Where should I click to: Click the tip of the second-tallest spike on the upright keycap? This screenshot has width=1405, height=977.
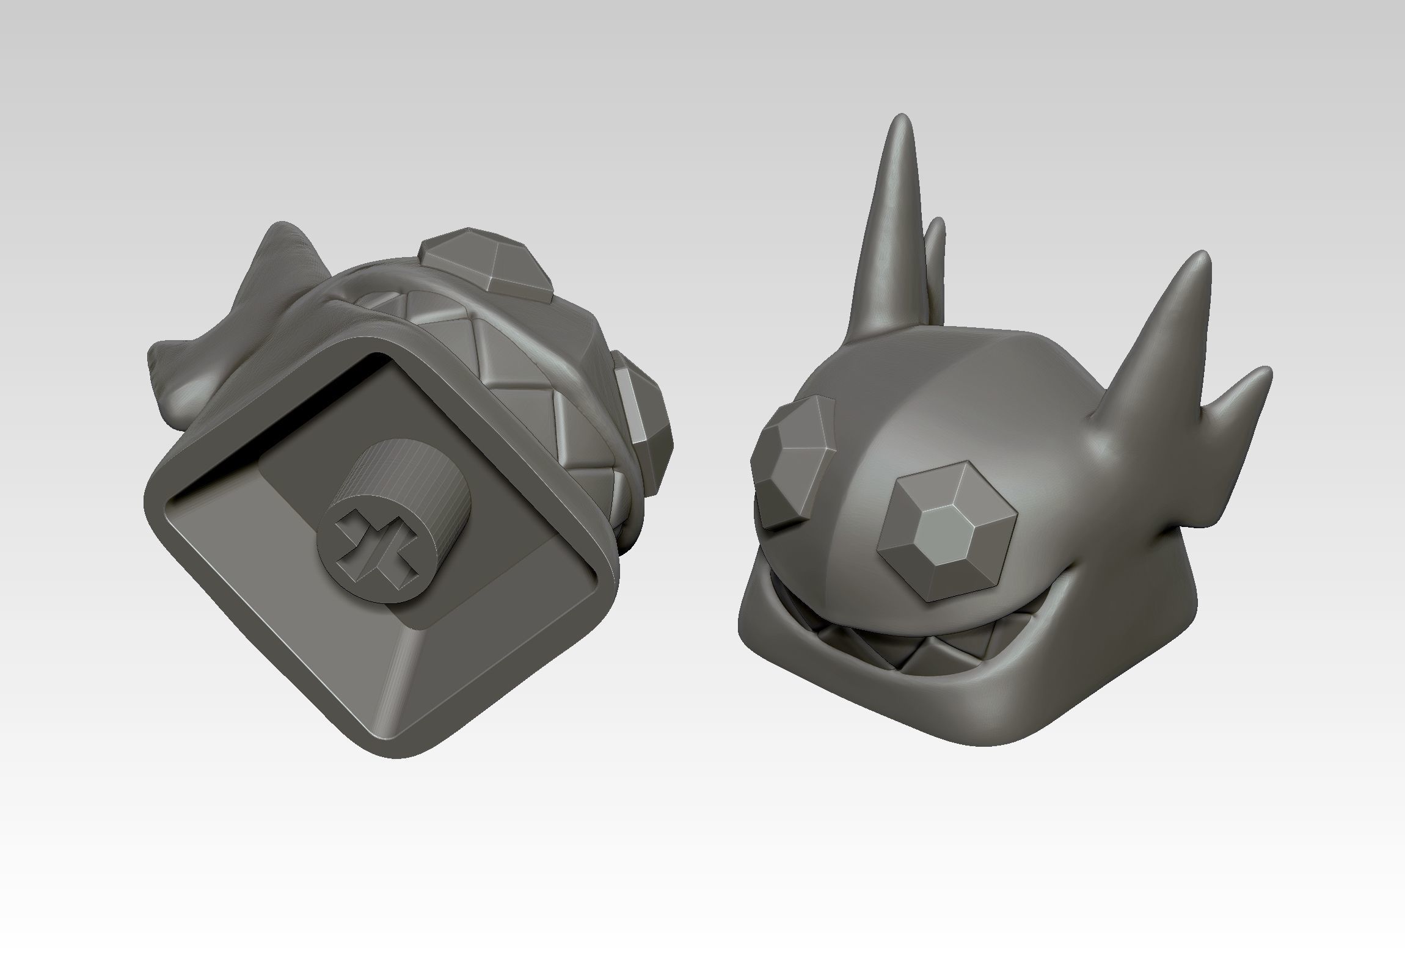pos(1202,256)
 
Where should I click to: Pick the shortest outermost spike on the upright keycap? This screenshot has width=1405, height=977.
pos(1262,374)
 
